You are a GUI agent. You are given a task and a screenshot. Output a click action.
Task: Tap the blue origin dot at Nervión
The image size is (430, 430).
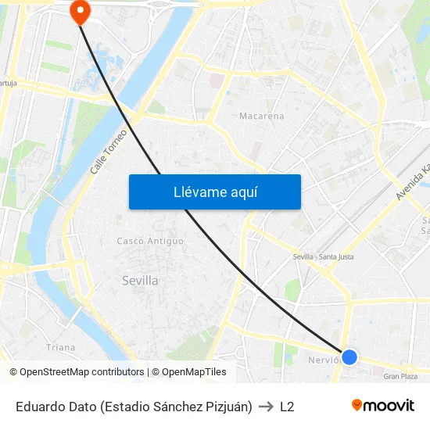(349, 357)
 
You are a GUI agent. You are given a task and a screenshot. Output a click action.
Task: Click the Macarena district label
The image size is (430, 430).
(261, 116)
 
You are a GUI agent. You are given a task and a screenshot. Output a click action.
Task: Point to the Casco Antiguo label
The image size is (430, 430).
(150, 241)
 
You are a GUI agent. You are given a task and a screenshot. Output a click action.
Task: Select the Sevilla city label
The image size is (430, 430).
(141, 280)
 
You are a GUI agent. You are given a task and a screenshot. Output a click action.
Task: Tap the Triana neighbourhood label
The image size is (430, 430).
(61, 347)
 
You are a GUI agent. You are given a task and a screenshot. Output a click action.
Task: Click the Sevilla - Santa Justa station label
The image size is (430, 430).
(323, 256)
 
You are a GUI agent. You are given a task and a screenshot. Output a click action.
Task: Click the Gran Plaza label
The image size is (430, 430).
(400, 376)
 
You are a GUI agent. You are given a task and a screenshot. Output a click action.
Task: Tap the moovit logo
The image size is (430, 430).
(383, 406)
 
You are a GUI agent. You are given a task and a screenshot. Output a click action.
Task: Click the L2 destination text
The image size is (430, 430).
(287, 407)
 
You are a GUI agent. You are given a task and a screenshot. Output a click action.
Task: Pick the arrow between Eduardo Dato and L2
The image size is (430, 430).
(266, 407)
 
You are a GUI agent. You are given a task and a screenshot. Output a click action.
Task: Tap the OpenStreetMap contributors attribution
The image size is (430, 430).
(77, 372)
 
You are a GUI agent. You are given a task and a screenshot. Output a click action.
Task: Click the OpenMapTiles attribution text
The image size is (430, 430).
(193, 372)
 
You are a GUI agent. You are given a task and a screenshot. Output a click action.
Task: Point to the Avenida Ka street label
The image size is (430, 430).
(413, 181)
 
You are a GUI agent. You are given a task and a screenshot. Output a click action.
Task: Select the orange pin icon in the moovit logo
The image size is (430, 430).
(357, 405)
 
